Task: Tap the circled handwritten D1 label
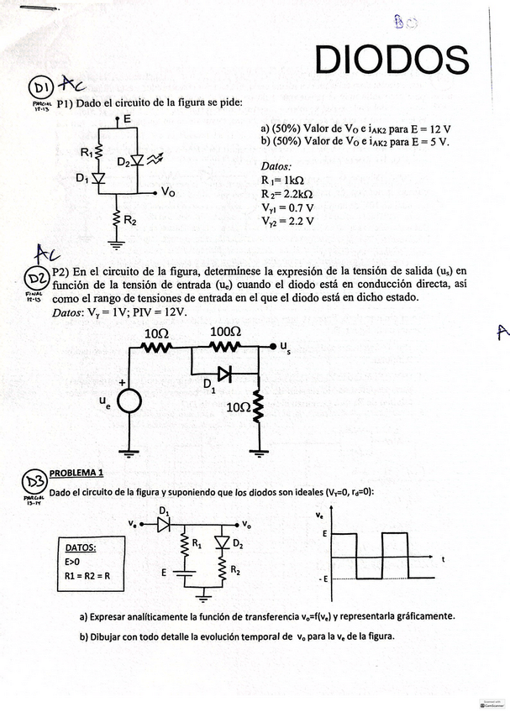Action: (x=41, y=87)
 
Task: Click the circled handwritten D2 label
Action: (x=37, y=279)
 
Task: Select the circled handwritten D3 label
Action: (x=35, y=482)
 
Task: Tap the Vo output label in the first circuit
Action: (x=168, y=192)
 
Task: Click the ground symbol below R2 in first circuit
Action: (x=116, y=244)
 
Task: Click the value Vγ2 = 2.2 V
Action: (x=289, y=221)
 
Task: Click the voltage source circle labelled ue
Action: (x=129, y=402)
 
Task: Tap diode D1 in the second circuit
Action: (x=223, y=374)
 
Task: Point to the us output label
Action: (x=285, y=346)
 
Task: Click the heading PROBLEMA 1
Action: (x=76, y=473)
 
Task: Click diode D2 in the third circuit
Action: (x=223, y=542)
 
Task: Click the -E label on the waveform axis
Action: (x=323, y=579)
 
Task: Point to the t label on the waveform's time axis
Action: (x=442, y=559)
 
